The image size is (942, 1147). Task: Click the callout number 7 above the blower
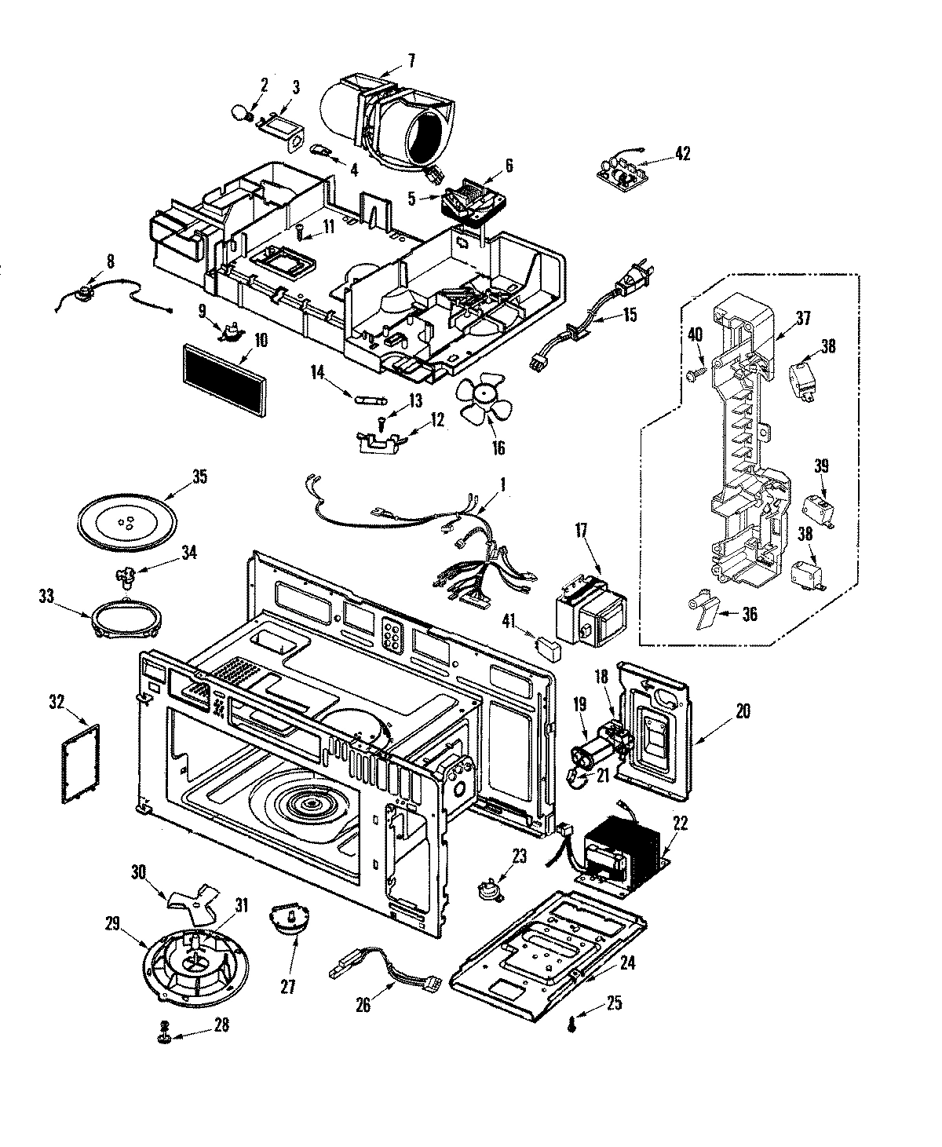pyautogui.click(x=411, y=59)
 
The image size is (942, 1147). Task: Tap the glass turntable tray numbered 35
pyautogui.click(x=126, y=521)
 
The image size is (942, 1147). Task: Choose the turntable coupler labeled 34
pyautogui.click(x=125, y=579)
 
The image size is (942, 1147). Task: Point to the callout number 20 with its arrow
pyautogui.click(x=743, y=711)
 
